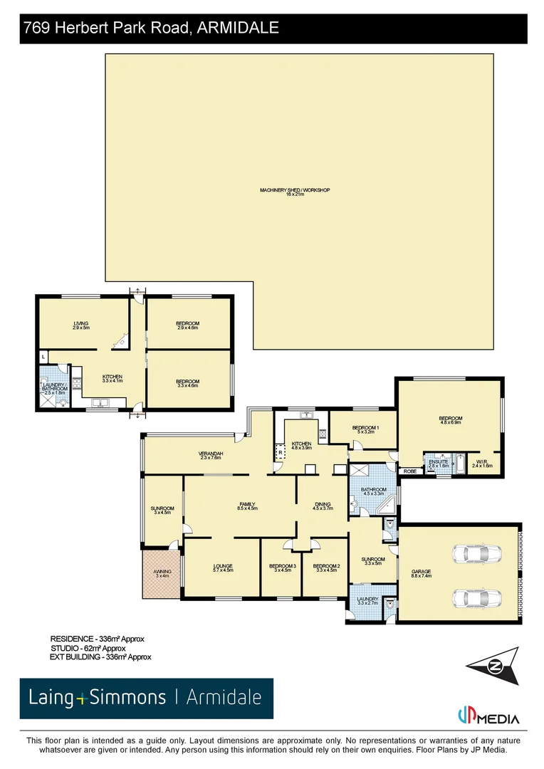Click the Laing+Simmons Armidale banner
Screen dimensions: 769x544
click(146, 698)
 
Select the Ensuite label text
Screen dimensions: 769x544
click(439, 463)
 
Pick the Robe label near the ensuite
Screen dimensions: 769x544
click(409, 471)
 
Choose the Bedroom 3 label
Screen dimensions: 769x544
click(281, 567)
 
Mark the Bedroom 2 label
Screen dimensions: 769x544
click(327, 567)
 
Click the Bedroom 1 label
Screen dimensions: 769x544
click(363, 429)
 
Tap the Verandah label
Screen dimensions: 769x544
click(211, 456)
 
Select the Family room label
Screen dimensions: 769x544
click(247, 506)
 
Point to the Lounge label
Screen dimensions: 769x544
click(222, 567)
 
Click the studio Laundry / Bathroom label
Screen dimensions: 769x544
click(55, 389)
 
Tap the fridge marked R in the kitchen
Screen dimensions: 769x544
click(281, 451)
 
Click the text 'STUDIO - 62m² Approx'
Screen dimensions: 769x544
click(88, 648)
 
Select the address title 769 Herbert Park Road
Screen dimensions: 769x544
click(150, 28)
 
